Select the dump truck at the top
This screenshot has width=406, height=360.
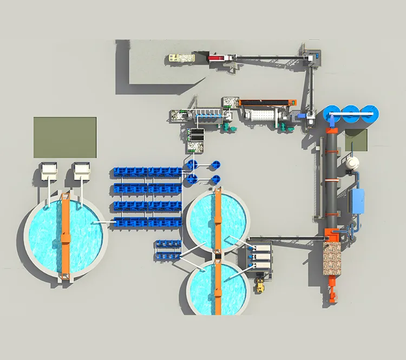click(x=181, y=57)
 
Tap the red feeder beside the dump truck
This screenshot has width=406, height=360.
click(x=218, y=57)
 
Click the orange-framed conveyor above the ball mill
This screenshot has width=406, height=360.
click(x=268, y=102)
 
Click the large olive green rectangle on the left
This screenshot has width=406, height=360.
click(x=65, y=138)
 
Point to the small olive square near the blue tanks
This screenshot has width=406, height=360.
click(x=356, y=140)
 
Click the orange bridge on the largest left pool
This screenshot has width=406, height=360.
click(x=66, y=235)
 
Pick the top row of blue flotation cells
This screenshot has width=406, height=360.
click(x=148, y=172)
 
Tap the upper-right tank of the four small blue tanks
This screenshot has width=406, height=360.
click(x=215, y=164)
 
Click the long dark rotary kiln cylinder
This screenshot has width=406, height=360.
click(x=331, y=179)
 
